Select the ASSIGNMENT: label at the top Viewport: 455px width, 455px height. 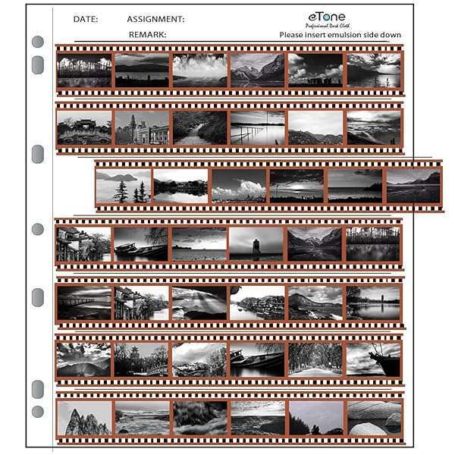(155, 19)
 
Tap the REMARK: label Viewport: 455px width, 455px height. (147, 35)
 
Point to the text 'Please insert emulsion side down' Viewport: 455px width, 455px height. (340, 35)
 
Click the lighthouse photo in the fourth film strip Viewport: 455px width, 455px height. (256, 244)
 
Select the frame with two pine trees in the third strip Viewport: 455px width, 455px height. (123, 186)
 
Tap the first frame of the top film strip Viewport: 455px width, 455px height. (83, 70)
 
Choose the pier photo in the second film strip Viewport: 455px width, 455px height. (257, 127)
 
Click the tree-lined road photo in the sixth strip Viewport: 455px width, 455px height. (315, 359)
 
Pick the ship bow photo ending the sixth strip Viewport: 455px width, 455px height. (373, 359)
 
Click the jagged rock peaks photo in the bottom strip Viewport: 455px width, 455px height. (83, 417)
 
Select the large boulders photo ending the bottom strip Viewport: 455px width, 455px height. (373, 417)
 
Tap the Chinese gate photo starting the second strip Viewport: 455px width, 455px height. (83, 127)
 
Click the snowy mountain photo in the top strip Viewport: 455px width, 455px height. (257, 70)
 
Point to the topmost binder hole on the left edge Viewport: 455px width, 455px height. (37, 42)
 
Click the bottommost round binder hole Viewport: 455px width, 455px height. (37, 412)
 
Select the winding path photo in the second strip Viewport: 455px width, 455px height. (199, 127)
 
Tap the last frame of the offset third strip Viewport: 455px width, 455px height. (413, 186)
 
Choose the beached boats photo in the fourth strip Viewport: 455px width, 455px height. (141, 244)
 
